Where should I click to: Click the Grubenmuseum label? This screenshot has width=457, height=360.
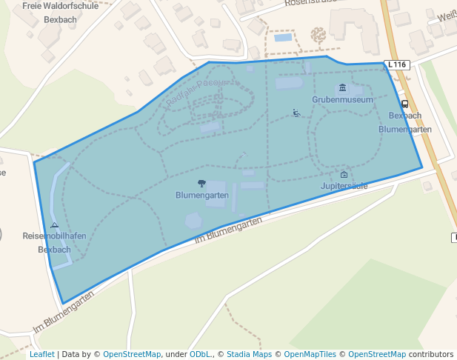tap(341, 99)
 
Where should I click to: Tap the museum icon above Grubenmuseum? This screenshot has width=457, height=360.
tap(342, 87)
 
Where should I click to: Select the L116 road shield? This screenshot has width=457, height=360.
tap(397, 65)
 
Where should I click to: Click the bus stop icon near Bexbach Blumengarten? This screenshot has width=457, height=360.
tap(404, 104)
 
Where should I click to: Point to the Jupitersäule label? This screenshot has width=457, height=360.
tap(344, 186)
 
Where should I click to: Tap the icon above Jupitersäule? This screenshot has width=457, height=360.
tap(344, 175)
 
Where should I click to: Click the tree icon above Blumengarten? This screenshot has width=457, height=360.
tap(201, 183)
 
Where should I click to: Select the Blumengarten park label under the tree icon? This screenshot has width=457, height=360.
tap(201, 196)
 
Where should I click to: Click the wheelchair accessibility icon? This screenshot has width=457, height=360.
tap(296, 113)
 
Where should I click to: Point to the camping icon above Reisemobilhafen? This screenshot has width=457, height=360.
tap(55, 225)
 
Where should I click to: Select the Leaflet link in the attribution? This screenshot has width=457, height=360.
tap(41, 354)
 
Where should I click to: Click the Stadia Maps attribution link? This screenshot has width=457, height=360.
tap(249, 354)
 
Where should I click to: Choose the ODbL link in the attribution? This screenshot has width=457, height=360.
tap(200, 354)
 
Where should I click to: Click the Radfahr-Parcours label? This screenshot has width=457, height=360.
tap(196, 93)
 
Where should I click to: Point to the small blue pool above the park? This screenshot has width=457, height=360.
tap(283, 37)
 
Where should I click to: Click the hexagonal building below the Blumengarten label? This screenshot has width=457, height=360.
tap(193, 220)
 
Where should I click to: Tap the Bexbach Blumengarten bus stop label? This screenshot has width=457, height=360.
tap(405, 122)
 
